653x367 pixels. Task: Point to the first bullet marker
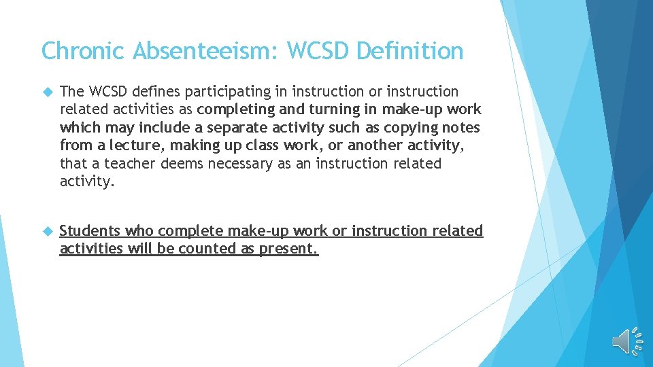pyautogui.click(x=46, y=92)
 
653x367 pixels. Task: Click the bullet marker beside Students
pyautogui.click(x=46, y=231)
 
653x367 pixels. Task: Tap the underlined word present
pyautogui.click(x=288, y=249)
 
